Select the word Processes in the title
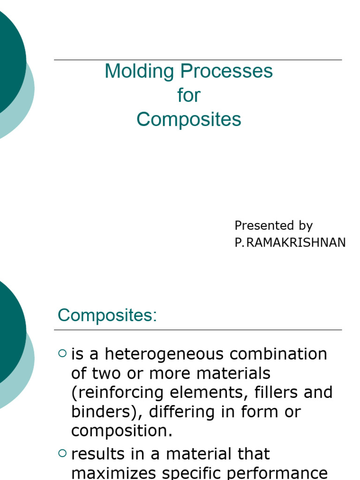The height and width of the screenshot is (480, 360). [226, 71]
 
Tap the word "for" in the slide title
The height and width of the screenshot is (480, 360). [189, 95]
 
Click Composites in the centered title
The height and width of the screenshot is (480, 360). [189, 120]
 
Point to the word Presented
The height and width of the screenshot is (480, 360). [260, 225]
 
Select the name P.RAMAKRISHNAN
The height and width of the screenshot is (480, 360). [290, 242]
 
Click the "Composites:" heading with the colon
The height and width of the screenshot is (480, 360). [107, 315]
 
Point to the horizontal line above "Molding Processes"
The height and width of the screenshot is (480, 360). [198, 60]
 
